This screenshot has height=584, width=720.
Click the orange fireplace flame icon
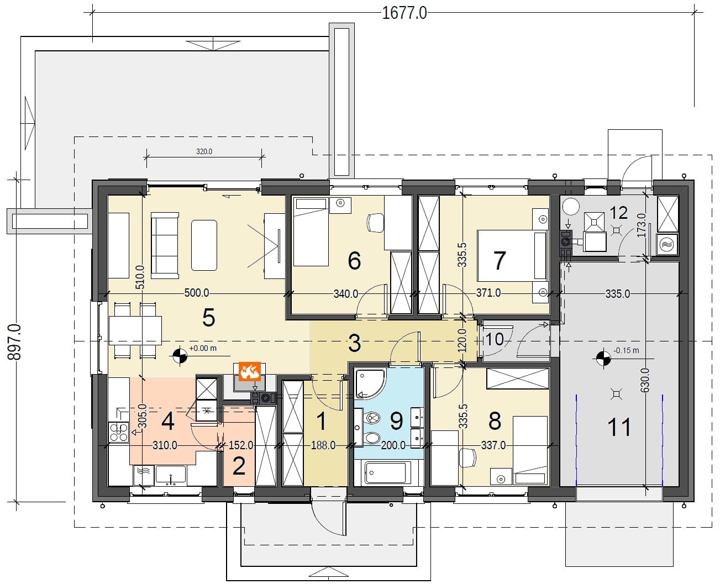[x=250, y=371]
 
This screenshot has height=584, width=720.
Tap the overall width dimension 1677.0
[x=404, y=13]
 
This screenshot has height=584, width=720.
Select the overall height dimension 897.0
[x=15, y=341]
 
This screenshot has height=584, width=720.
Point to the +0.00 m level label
[x=203, y=348]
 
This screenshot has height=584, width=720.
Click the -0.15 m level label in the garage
[x=626, y=350]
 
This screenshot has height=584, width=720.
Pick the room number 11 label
[x=619, y=427]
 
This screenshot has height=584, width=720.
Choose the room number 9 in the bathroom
[x=397, y=421]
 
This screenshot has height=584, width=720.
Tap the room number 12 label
[x=618, y=213]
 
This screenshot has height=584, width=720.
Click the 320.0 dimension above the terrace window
[x=204, y=151]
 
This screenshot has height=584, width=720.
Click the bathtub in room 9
[x=386, y=473]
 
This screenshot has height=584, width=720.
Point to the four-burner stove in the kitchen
[x=119, y=432]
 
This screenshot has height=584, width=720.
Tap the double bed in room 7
[x=512, y=255]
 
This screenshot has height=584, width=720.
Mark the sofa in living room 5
[x=165, y=245]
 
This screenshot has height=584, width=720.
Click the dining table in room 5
[x=135, y=330]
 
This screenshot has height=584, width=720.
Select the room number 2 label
[x=239, y=467]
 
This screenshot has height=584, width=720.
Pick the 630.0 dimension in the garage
[x=645, y=380]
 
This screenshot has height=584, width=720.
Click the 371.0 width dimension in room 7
[x=488, y=293]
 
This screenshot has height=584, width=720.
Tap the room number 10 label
[x=494, y=339]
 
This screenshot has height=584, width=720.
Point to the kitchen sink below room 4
[x=170, y=474]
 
